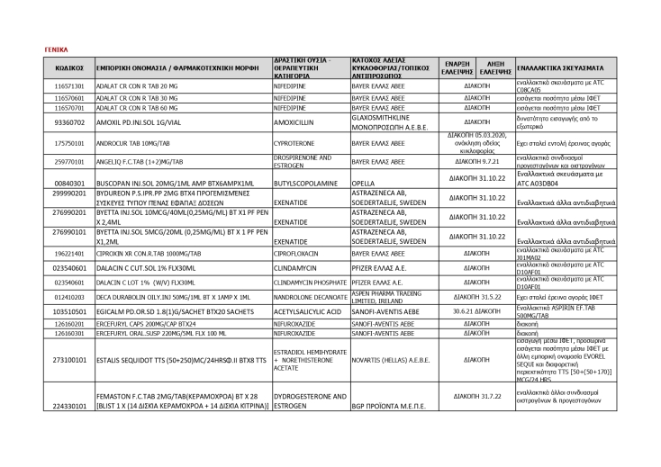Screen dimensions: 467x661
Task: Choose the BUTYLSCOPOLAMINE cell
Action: pyautogui.click(x=304, y=182)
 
